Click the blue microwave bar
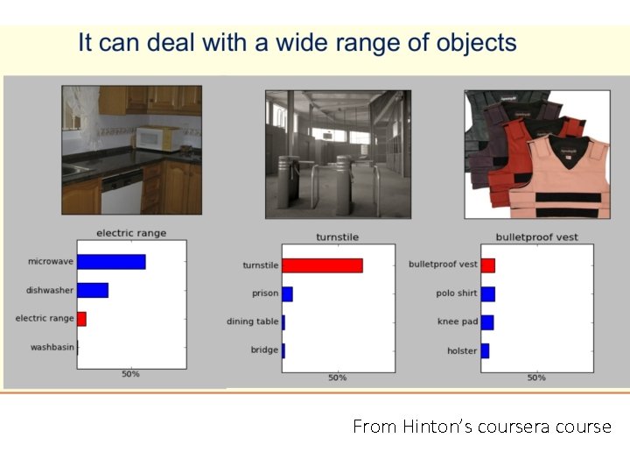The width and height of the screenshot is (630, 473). tap(111, 261)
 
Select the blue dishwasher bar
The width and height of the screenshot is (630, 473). tap(93, 290)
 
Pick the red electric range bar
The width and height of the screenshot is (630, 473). tap(81, 318)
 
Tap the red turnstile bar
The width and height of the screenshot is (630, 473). tap(322, 265)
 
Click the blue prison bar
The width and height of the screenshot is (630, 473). tap(287, 293)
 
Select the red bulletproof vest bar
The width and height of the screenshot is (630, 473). tap(488, 265)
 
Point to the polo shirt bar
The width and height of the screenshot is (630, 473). tap(488, 293)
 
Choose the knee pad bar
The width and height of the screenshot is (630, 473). tap(487, 322)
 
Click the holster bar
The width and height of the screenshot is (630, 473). tap(485, 350)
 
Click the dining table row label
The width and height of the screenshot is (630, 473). tap(253, 321)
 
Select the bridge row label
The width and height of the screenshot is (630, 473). tap(264, 349)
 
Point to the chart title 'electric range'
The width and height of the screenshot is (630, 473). tap(130, 233)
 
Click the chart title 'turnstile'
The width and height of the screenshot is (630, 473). tap(337, 237)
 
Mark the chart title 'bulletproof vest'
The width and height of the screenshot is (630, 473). tap(536, 236)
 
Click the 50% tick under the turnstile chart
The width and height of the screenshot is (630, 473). tap(338, 378)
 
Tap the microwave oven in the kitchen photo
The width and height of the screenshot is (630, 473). tap(157, 138)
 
